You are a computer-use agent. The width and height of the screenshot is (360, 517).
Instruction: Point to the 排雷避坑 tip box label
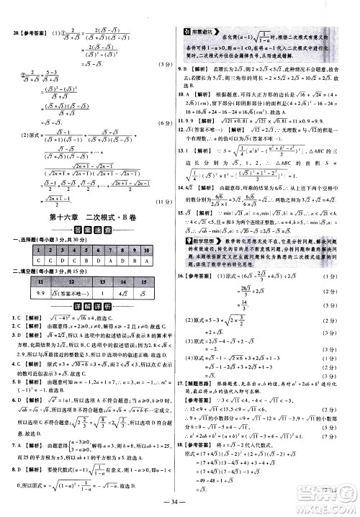[x=199, y=31]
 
